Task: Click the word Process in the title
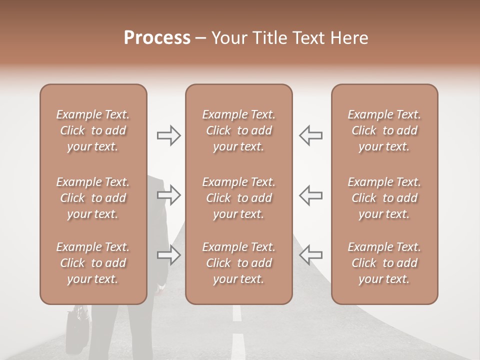(x=157, y=37)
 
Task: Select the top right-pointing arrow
(x=169, y=135)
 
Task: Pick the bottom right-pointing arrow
(x=169, y=255)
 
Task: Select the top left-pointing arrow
(x=310, y=135)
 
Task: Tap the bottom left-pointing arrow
(x=310, y=255)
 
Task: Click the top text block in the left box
(x=93, y=130)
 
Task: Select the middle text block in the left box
(x=93, y=198)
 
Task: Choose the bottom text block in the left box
(x=93, y=263)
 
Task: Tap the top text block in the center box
(x=238, y=130)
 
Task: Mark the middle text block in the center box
(x=238, y=198)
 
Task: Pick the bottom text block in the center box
(x=238, y=263)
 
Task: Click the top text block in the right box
(x=384, y=130)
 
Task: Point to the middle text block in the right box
(x=384, y=198)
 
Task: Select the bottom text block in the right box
(x=384, y=263)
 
